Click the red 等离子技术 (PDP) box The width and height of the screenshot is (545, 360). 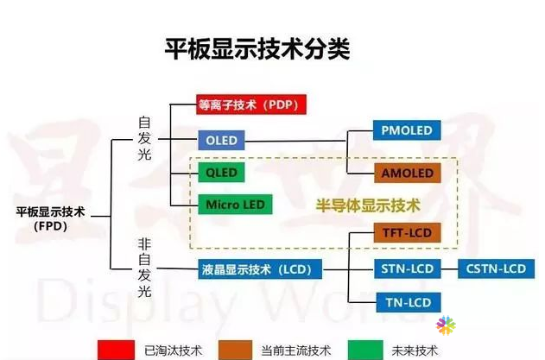[x=251, y=104]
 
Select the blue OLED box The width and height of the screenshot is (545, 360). [x=221, y=141]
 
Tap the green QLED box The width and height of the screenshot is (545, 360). [x=221, y=173]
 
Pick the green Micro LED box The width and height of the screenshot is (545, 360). [x=235, y=205]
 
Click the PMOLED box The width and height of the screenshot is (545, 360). [x=407, y=130]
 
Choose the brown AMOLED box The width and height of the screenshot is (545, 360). [x=408, y=173]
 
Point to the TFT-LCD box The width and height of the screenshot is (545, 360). [x=408, y=232]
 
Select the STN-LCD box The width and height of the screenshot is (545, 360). [x=408, y=268]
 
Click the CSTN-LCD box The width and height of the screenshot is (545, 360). [x=496, y=268]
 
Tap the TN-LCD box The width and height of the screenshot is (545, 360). [x=409, y=302]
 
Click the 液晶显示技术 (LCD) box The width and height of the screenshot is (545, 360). [x=260, y=269]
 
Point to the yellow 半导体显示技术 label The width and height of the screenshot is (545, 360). [x=368, y=205]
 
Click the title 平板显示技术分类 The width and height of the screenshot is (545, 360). [x=257, y=49]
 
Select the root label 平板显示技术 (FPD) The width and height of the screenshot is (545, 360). [x=51, y=219]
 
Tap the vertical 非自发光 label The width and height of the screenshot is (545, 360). [x=144, y=268]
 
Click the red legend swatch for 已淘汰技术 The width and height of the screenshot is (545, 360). [x=116, y=350]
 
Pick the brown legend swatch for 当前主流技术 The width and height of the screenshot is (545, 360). [x=235, y=350]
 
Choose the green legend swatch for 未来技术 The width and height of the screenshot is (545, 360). [x=365, y=350]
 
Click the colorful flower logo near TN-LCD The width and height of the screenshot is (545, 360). [x=446, y=325]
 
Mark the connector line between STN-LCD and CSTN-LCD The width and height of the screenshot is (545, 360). [x=449, y=269]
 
